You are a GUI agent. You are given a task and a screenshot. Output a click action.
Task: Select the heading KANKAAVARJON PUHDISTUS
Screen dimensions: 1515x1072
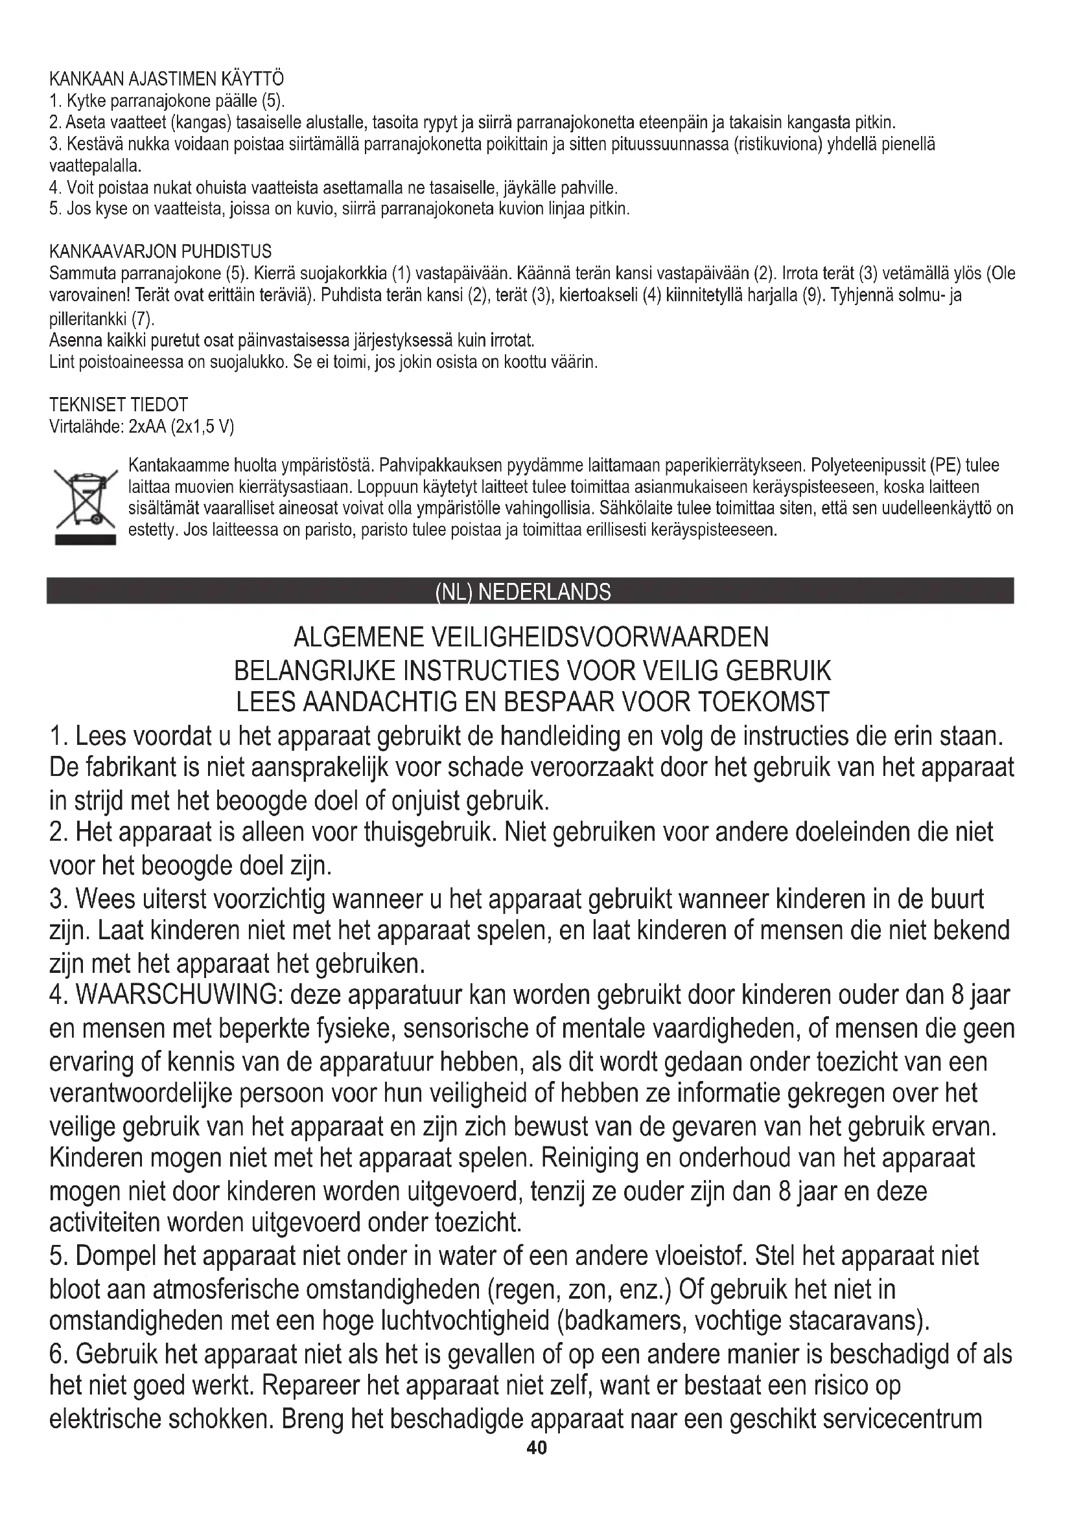pos(160,251)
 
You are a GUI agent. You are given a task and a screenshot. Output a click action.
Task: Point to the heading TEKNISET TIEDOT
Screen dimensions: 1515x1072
pos(119,404)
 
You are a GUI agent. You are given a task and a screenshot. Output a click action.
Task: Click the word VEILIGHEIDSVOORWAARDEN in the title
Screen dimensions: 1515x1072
pos(600,637)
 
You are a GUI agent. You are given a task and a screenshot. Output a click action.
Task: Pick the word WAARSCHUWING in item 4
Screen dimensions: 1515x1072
pos(180,995)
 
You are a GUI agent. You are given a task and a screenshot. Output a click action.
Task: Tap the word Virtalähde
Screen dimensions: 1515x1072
pos(86,426)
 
